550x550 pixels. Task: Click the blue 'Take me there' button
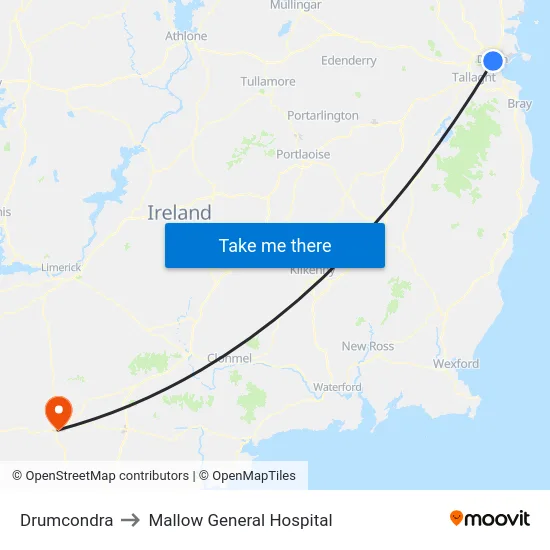[275, 245]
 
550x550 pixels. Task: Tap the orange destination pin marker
[58, 411]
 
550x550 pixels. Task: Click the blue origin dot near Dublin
[492, 61]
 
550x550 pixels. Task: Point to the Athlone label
[186, 36]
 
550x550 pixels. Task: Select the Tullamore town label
[268, 81]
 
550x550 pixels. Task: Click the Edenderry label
[349, 61]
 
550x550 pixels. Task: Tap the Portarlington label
[322, 115]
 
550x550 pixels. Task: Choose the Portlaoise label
[303, 154]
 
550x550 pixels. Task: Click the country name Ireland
[179, 212]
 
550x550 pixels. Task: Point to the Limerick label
[61, 268]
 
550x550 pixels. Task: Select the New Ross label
[368, 346]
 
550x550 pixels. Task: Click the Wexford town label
[455, 364]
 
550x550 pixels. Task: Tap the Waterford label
[337, 387]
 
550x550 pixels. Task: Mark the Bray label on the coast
[519, 103]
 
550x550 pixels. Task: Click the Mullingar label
[295, 6]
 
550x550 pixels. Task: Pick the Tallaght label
[473, 77]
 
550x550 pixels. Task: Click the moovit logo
[489, 519]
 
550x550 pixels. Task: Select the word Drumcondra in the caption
[66, 520]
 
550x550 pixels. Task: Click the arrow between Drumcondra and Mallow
[131, 520]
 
